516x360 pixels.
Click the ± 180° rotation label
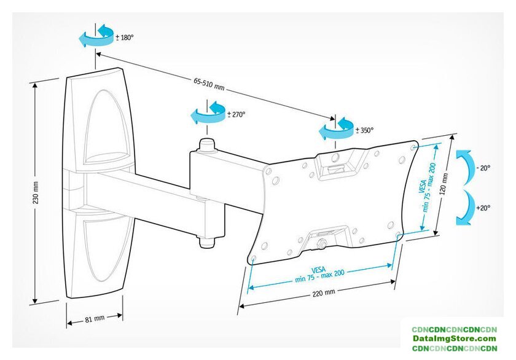[124, 37]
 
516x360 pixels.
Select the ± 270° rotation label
[236, 114]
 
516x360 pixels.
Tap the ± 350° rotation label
[364, 130]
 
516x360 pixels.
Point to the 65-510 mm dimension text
[209, 81]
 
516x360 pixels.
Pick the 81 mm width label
[95, 318]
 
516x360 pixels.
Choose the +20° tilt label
[483, 208]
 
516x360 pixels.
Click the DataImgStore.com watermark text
[455, 338]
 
